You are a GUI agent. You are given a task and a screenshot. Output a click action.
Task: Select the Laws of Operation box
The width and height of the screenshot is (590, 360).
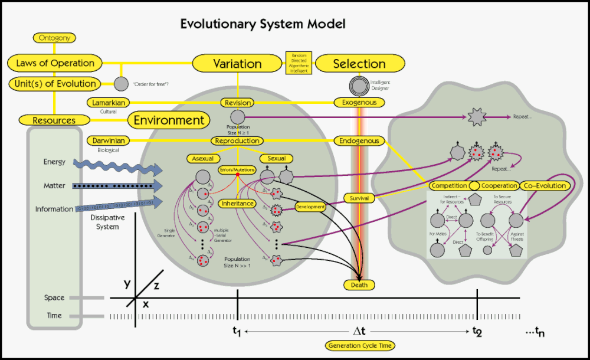coord(55,63)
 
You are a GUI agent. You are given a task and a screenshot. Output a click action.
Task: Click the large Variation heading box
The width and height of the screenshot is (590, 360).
coord(237,64)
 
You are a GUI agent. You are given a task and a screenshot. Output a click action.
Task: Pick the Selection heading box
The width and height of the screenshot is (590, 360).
coord(359,64)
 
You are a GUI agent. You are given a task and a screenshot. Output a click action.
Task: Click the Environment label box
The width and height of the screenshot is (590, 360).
coord(169,120)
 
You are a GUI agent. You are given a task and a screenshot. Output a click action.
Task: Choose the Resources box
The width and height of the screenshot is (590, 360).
coord(54,120)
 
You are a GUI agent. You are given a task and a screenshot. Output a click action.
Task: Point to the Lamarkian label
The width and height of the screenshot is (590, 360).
coord(107,103)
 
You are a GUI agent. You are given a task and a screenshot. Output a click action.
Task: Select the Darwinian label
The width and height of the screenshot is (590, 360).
coord(107,140)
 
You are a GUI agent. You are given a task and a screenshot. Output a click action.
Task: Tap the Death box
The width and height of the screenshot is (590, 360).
coord(359,285)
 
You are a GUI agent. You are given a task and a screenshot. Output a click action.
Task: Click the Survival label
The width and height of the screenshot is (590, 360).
coord(359,198)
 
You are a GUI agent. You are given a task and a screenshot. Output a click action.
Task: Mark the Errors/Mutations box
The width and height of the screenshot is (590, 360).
coord(237,170)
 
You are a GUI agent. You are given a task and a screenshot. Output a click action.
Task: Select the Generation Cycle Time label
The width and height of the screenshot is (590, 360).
coord(359,345)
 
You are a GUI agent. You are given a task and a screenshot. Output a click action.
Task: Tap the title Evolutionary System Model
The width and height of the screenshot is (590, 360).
coord(263,24)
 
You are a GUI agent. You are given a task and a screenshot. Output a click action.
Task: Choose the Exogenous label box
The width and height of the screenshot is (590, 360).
coord(359,103)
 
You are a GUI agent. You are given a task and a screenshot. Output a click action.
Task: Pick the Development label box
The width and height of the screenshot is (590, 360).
coord(310,207)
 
